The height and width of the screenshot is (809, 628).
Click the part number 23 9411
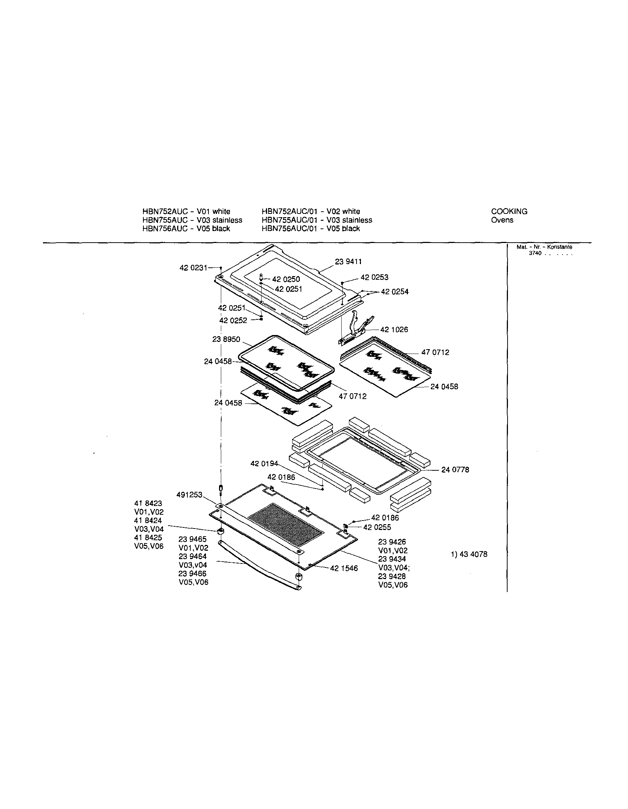click(x=348, y=262)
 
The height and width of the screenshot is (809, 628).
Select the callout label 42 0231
click(x=194, y=268)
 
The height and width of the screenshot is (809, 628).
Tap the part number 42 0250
click(x=286, y=279)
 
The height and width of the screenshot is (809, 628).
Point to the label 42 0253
click(x=374, y=277)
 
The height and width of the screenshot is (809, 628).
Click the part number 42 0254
click(x=394, y=291)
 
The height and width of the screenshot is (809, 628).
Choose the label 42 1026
click(x=394, y=330)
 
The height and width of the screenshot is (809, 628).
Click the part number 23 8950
click(x=226, y=339)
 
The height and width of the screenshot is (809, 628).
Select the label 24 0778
click(x=455, y=470)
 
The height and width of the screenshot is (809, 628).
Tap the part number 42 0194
click(x=264, y=463)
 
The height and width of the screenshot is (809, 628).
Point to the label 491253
click(x=189, y=495)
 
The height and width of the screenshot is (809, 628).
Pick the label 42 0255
click(x=377, y=527)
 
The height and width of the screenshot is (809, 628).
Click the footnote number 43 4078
click(x=473, y=554)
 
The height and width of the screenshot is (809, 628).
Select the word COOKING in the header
click(x=509, y=211)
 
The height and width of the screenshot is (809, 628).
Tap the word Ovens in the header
click(x=502, y=220)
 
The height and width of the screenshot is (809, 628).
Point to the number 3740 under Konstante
click(x=535, y=254)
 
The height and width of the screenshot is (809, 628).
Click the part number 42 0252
click(x=233, y=320)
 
